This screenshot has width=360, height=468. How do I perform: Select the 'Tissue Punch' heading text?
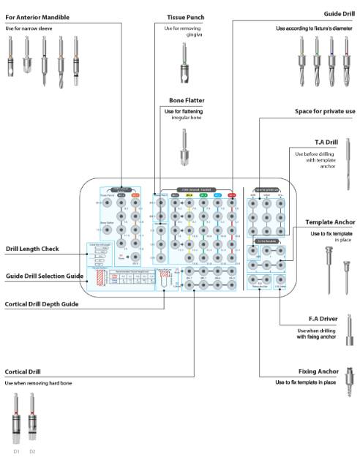[x=186, y=16]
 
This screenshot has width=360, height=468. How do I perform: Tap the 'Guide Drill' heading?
[x=338, y=13]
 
